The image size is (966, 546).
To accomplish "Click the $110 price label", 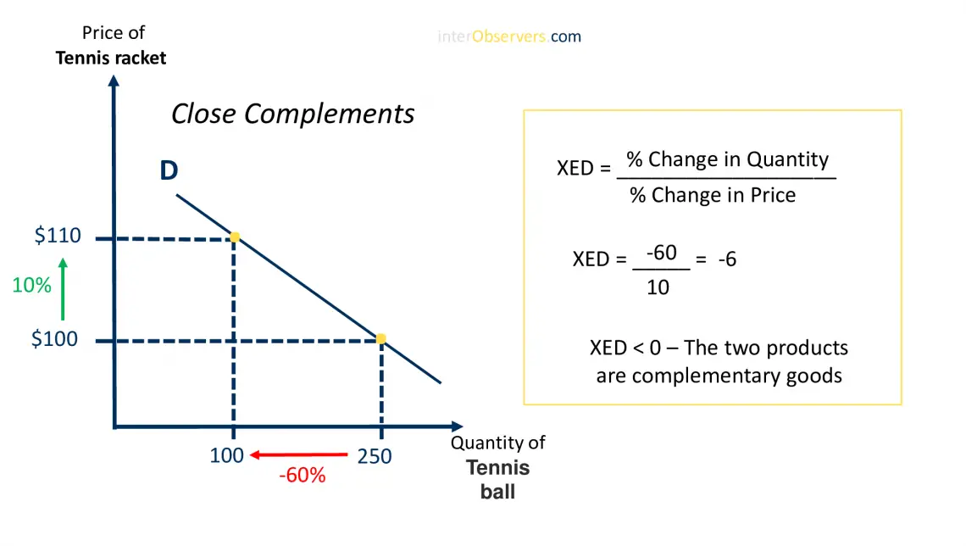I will [x=58, y=236].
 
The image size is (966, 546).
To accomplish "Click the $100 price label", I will [x=54, y=339].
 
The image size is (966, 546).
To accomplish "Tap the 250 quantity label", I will [x=375, y=456].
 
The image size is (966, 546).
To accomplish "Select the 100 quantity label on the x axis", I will [x=227, y=455].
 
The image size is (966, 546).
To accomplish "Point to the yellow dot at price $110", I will [x=235, y=237].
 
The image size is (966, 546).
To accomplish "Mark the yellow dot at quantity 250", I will [x=381, y=339].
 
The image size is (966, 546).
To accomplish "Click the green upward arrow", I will [x=63, y=289].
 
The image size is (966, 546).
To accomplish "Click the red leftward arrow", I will [x=301, y=455].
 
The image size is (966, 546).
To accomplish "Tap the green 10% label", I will [x=31, y=286].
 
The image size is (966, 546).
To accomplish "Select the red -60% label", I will [x=303, y=476].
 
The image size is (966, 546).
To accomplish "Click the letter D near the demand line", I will [x=169, y=171].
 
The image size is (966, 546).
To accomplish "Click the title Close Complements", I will [x=293, y=114].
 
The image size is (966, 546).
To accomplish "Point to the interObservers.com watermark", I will [x=509, y=36].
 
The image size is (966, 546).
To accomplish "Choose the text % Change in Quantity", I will [x=727, y=159].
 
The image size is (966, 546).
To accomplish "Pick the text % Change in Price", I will [x=713, y=195].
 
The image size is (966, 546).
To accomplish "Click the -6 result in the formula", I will [x=727, y=259].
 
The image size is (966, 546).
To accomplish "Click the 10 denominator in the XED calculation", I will [x=658, y=287].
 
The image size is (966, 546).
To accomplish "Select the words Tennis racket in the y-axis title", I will [x=111, y=58].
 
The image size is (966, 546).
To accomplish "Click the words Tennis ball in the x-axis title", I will [x=498, y=479].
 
